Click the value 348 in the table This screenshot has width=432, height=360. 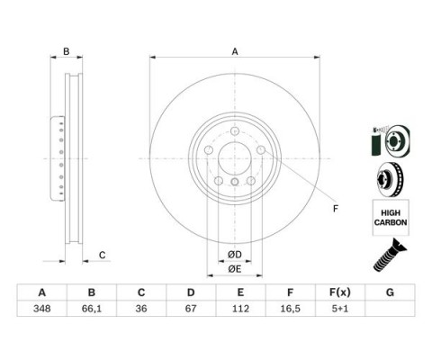pyautogui.click(x=42, y=309)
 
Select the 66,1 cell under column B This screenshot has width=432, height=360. pyautogui.click(x=92, y=309)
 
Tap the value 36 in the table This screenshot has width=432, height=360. pyautogui.click(x=141, y=309)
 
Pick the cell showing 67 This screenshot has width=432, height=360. pyautogui.click(x=191, y=309)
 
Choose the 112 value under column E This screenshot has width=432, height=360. pyautogui.click(x=240, y=309)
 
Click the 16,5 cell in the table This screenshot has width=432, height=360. pyautogui.click(x=290, y=309)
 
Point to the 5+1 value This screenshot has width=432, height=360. pyautogui.click(x=340, y=309)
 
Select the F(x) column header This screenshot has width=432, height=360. pyautogui.click(x=340, y=292)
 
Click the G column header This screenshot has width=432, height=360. pyautogui.click(x=390, y=292)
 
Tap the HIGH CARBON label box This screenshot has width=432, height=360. pyautogui.click(x=391, y=218)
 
